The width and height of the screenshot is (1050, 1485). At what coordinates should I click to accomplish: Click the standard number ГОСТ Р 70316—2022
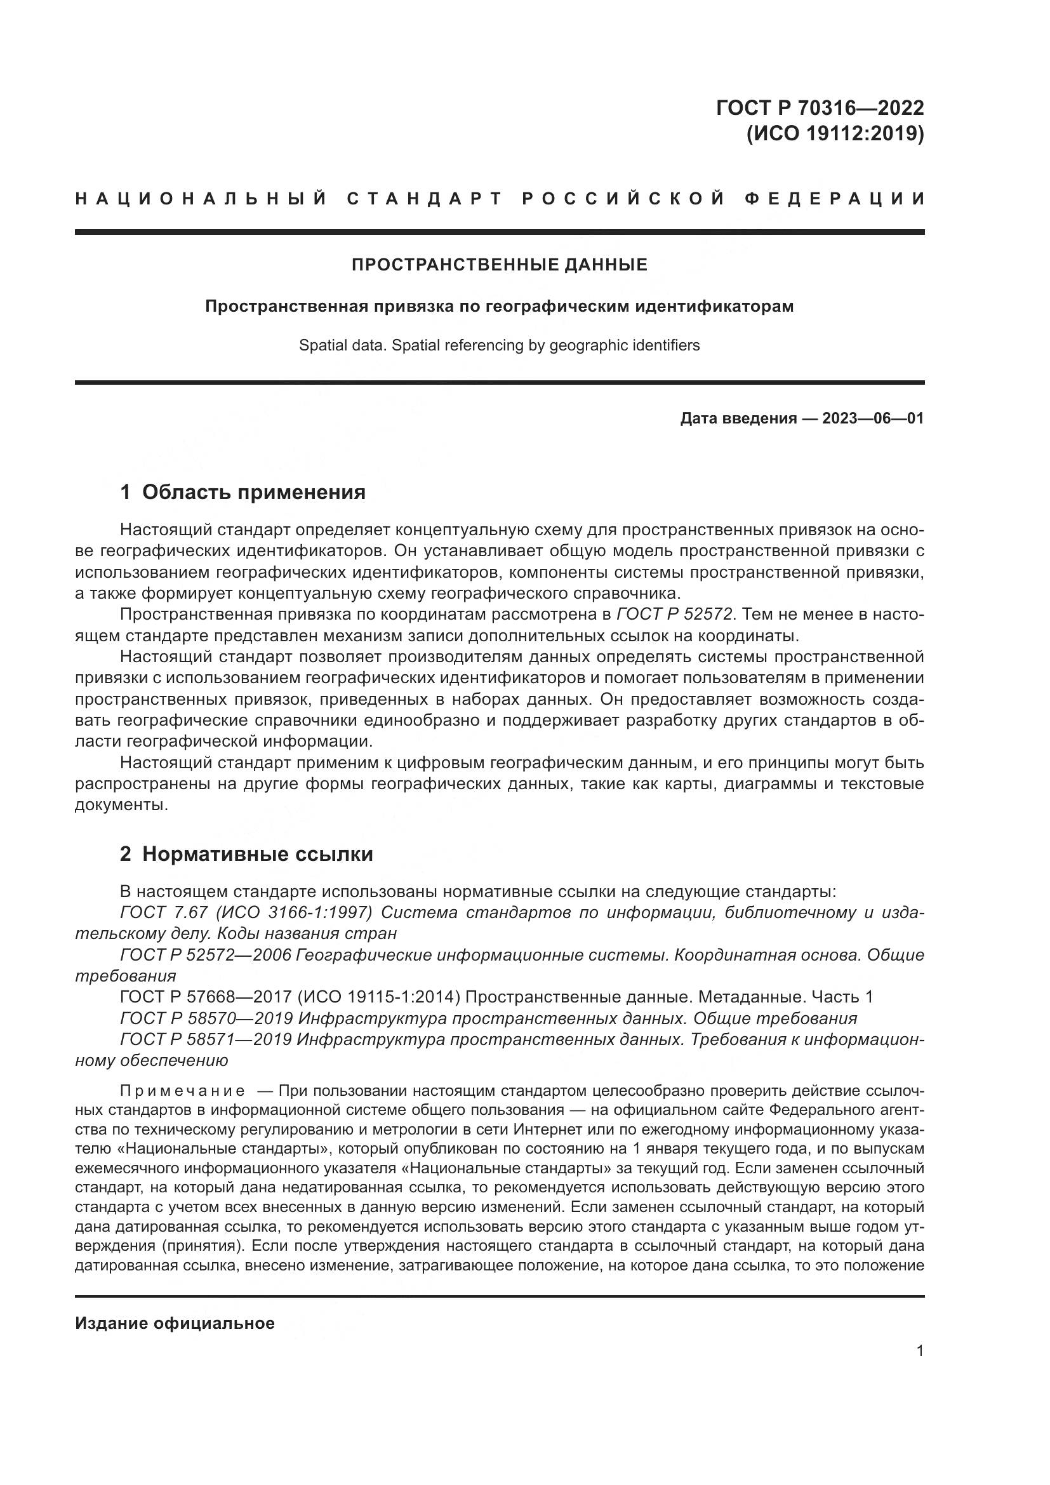pyautogui.click(x=819, y=107)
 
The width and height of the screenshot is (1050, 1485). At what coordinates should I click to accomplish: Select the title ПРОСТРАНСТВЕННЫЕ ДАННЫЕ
pyautogui.click(x=499, y=265)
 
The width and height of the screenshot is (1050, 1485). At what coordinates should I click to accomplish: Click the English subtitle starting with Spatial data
pyautogui.click(x=499, y=345)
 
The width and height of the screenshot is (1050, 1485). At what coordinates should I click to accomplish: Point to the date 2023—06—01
pyautogui.click(x=873, y=418)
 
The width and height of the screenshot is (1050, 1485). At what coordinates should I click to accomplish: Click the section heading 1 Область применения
pyautogui.click(x=243, y=492)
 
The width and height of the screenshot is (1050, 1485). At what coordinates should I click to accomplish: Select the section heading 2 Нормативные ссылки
pyautogui.click(x=246, y=855)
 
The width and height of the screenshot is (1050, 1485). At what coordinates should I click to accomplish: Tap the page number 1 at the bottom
pyautogui.click(x=920, y=1350)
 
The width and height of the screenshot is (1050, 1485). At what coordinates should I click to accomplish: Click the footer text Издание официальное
pyautogui.click(x=175, y=1323)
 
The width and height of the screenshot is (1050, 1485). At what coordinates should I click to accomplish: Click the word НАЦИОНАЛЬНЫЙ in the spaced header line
pyautogui.click(x=201, y=199)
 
